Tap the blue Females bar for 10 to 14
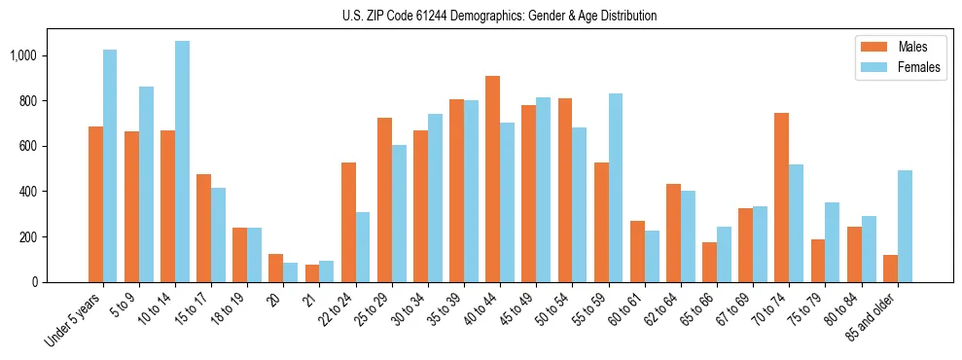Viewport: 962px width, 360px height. click(182, 162)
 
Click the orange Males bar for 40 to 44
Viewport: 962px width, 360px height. click(492, 179)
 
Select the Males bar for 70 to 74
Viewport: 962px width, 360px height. click(781, 198)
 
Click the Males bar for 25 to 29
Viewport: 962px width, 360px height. click(384, 199)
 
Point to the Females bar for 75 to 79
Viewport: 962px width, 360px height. click(832, 242)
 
